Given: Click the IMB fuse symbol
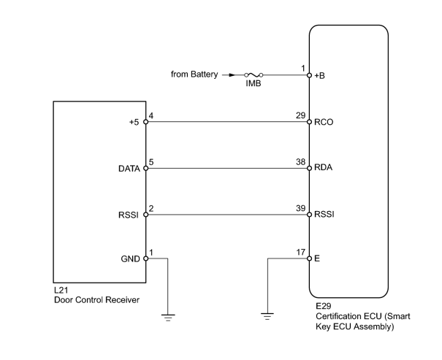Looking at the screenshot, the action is point(254,75).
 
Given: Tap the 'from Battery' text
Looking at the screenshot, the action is point(194,74).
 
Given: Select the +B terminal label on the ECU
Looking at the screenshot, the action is point(320,76).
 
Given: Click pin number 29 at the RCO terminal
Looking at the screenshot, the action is point(301,115).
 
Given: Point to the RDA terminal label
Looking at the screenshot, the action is point(324,168).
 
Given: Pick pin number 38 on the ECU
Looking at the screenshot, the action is point(301,162).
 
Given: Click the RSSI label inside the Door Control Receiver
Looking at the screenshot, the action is point(129,215).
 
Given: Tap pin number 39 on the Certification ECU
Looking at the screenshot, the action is point(301,208).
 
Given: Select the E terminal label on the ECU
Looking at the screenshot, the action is point(317,258).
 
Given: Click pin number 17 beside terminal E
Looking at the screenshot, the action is point(301,252).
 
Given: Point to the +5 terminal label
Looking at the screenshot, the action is point(134,122).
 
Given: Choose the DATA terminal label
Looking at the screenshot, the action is point(129,169).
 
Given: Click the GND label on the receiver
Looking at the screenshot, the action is point(130,259).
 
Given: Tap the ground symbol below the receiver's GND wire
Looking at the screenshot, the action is point(168,318).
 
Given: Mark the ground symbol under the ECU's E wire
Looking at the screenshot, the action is point(267,316).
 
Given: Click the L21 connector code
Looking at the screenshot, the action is point(61,290).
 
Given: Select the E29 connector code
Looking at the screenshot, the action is point(324,306).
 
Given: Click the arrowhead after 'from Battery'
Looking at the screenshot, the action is point(232,75).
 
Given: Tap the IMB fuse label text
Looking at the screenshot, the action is point(254,83).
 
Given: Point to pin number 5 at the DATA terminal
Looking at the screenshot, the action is point(151,162).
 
